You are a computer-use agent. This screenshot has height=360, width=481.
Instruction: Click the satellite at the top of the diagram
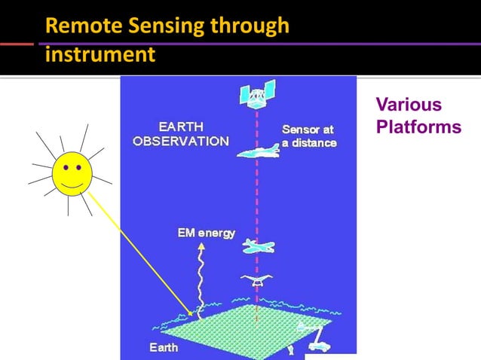(x=256, y=94)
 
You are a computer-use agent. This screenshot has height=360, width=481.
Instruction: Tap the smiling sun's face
(x=72, y=172)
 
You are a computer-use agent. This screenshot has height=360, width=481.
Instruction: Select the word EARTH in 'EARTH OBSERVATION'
(x=180, y=127)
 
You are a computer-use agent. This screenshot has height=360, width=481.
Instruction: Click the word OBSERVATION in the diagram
(x=181, y=141)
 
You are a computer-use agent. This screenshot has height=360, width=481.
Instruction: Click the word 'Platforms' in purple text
(x=418, y=127)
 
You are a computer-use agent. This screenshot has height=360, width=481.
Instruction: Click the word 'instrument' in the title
(x=100, y=54)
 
